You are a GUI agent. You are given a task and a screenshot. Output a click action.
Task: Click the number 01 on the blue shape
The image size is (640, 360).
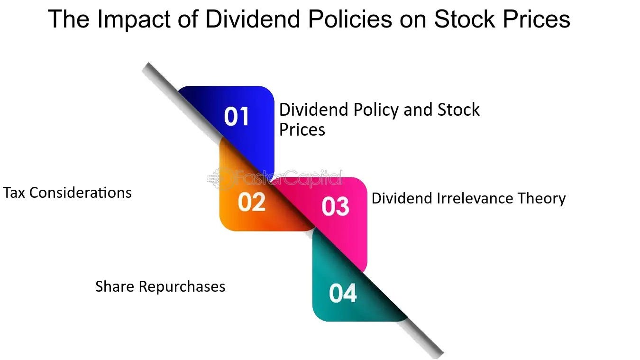[x=237, y=117]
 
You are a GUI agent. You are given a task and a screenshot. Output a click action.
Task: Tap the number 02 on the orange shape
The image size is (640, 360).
[x=251, y=203]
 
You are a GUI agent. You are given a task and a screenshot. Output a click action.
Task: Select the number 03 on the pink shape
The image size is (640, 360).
[x=335, y=207]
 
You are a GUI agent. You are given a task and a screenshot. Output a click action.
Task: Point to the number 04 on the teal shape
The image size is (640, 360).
[x=343, y=293]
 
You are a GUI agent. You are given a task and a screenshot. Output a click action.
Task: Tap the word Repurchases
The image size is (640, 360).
[x=182, y=287]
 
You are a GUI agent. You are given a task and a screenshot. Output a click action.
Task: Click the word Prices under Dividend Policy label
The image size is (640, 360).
[x=302, y=129]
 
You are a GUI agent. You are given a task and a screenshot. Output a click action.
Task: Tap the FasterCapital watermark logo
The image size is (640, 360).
[x=275, y=178]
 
